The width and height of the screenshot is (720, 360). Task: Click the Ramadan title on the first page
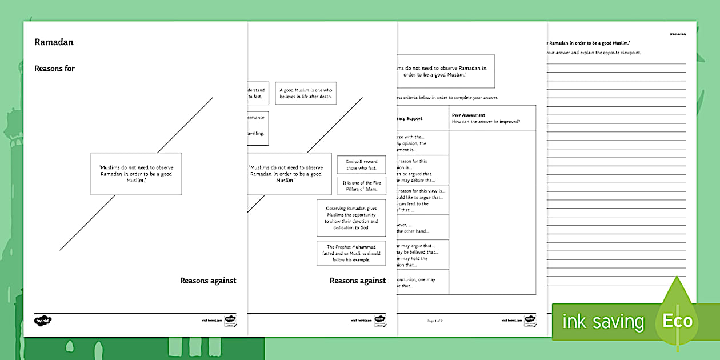point(54,42)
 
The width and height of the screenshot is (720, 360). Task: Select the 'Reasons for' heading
point(54,69)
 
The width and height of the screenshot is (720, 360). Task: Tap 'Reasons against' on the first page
point(207,281)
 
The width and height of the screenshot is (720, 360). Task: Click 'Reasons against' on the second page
point(358,281)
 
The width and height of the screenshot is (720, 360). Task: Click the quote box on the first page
point(136,173)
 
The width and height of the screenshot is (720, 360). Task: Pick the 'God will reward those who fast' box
point(361,165)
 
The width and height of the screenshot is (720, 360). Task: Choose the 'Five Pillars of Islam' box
point(361,186)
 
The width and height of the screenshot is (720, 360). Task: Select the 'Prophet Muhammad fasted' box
point(351,253)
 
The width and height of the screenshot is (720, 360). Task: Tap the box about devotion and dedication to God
point(351,218)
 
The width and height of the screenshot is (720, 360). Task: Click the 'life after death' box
point(306,94)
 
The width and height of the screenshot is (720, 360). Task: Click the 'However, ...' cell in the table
point(422,227)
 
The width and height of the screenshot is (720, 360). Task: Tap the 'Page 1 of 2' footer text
point(435,321)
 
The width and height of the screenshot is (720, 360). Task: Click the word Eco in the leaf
point(677,321)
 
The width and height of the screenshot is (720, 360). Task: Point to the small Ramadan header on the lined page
point(678,34)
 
